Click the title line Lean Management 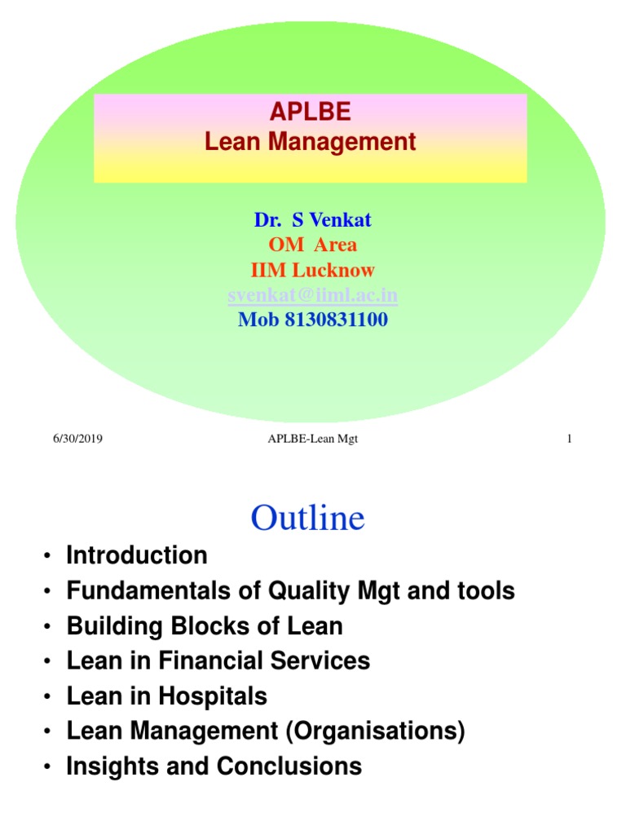pos(311,142)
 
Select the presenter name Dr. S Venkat pos(313,219)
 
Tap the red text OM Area pos(313,245)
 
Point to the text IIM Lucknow pos(313,270)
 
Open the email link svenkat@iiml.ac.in pos(313,294)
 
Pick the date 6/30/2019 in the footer pos(78,440)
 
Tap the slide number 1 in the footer pos(569,440)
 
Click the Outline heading pos(308,518)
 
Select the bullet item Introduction pos(137,556)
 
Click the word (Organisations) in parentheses pos(375,731)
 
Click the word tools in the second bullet pos(486,591)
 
